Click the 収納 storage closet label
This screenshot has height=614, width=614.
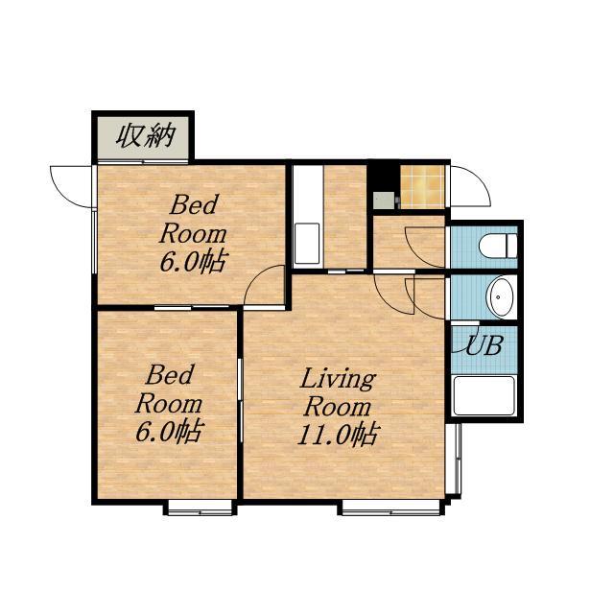(x=146, y=136)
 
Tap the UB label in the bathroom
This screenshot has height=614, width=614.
(x=484, y=345)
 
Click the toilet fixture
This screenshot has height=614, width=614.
(x=498, y=246)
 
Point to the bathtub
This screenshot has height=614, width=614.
(x=484, y=396)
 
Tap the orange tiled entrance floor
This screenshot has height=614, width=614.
(x=422, y=187)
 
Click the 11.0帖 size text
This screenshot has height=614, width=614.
(x=338, y=435)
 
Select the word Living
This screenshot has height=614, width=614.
(x=338, y=379)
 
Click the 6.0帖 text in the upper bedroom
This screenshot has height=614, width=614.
(x=193, y=261)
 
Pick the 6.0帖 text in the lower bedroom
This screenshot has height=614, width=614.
(x=169, y=431)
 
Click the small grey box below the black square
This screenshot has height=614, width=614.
(x=384, y=201)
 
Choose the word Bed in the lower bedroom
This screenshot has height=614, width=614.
(x=169, y=374)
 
